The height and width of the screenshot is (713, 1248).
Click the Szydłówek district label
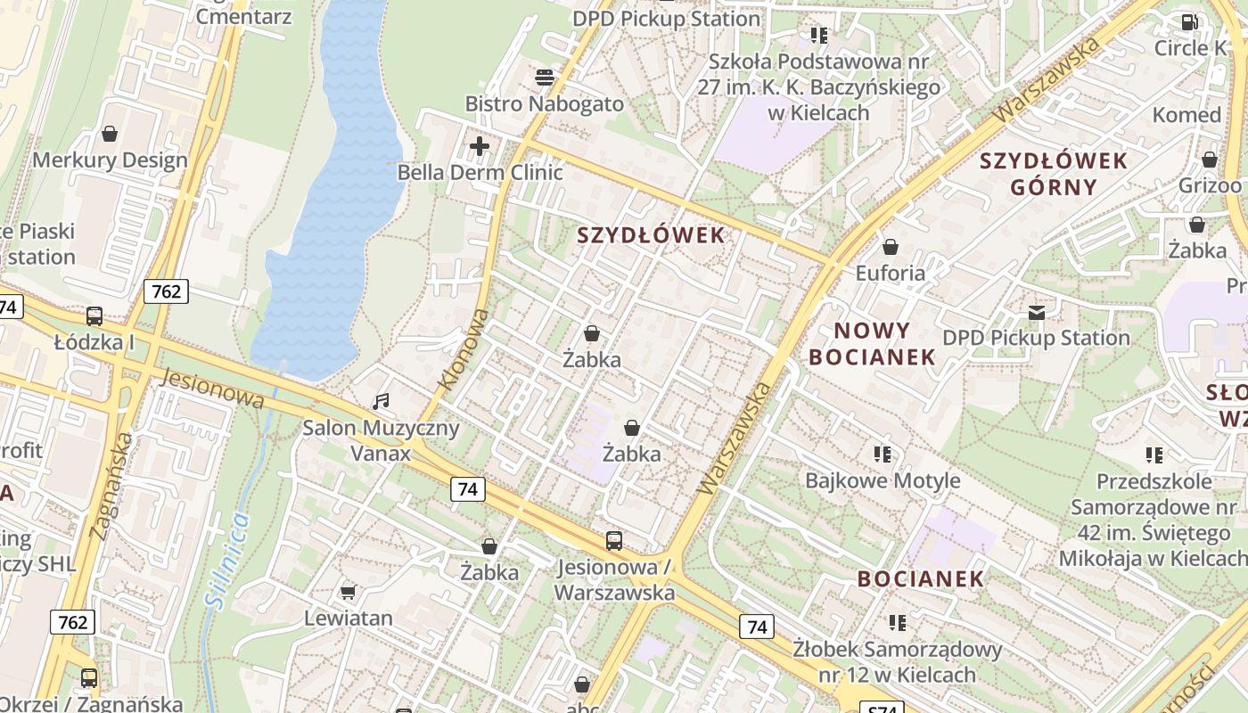tap(651, 236)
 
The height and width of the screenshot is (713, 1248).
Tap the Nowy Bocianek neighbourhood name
tap(872, 344)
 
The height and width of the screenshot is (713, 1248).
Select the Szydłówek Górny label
tap(1054, 174)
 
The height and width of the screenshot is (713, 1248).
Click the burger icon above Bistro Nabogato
tap(545, 78)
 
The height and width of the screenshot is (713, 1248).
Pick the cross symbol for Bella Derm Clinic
tap(480, 145)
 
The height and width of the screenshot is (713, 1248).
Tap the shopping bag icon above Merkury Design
tap(110, 134)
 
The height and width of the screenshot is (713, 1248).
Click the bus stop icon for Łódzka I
tap(94, 316)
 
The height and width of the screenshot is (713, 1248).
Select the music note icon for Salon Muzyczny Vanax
tap(381, 402)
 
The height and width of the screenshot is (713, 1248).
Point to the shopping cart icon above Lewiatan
tap(349, 592)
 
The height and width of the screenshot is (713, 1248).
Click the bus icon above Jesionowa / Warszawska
tap(613, 540)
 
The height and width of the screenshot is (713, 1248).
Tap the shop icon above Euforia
tap(890, 246)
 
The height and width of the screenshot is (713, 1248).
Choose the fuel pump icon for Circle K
tap(1190, 22)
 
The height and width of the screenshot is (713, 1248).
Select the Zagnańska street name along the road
tap(111, 486)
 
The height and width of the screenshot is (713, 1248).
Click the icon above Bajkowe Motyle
tap(883, 455)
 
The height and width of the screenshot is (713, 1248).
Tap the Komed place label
tap(1186, 115)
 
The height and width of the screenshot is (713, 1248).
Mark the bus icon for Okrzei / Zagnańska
tap(88, 678)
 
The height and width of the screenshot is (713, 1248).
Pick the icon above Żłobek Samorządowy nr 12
tap(897, 622)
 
